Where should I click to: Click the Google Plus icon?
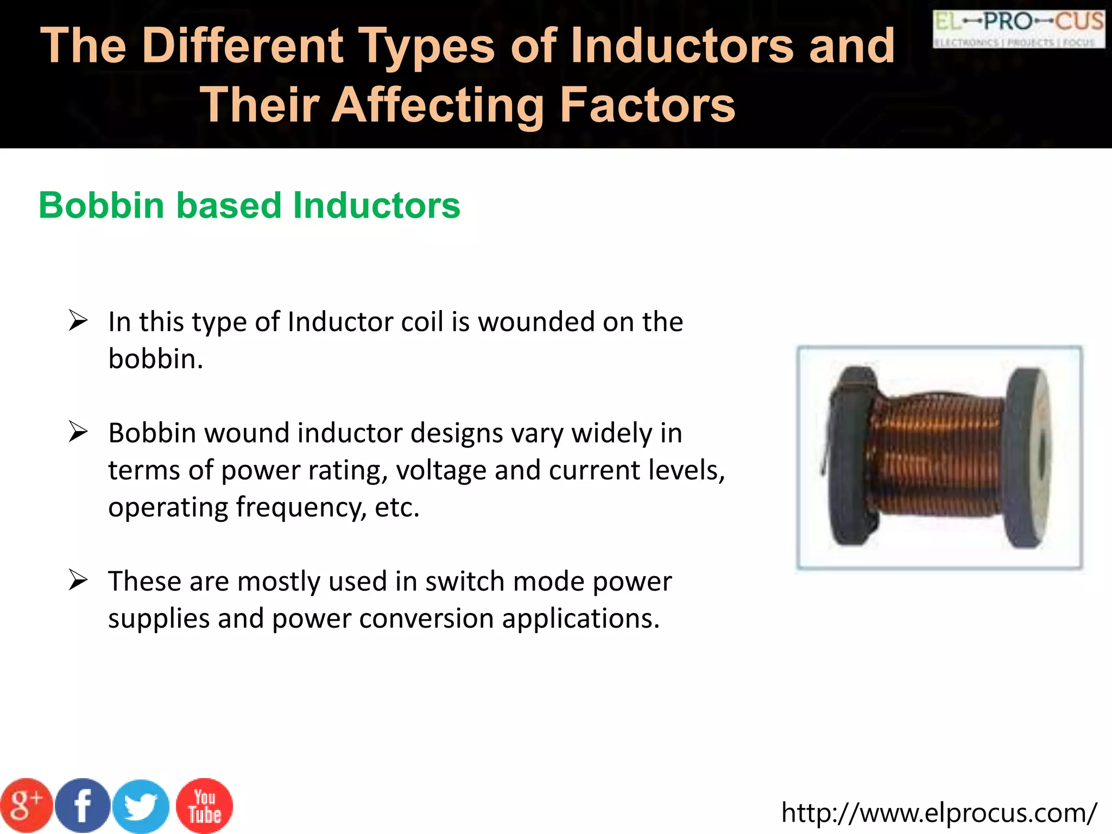[26, 806]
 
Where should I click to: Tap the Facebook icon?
[83, 806]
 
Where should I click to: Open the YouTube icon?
[205, 806]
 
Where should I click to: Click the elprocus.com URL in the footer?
[939, 813]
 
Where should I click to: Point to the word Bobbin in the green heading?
[102, 206]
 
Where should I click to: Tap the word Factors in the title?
[647, 104]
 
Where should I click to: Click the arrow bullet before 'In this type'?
[78, 320]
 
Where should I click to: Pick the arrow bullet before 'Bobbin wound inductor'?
[78, 432]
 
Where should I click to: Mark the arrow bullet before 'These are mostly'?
[78, 580]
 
